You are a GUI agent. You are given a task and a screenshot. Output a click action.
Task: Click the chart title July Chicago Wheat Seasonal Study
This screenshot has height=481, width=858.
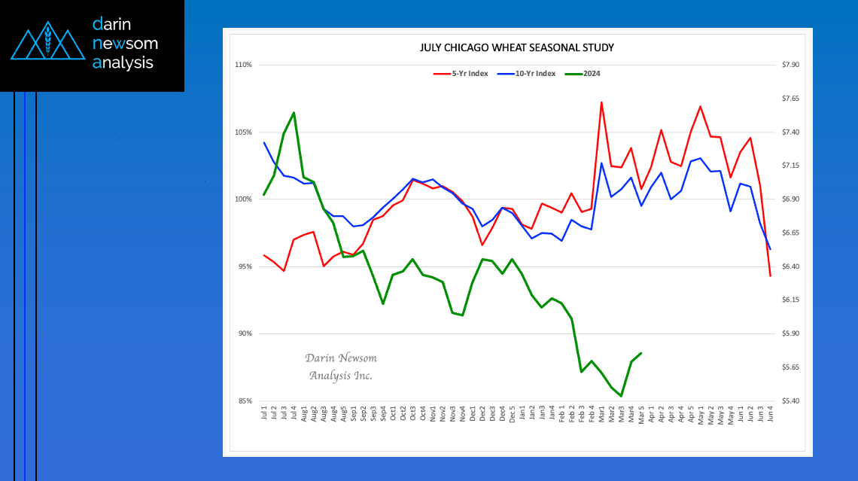click(516, 47)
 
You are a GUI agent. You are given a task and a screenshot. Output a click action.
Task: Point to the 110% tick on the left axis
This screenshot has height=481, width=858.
click(243, 65)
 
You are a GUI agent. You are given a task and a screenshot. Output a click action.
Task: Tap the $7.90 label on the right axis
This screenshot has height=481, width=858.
click(791, 65)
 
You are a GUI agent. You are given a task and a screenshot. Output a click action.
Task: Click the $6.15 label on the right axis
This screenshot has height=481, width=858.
click(791, 300)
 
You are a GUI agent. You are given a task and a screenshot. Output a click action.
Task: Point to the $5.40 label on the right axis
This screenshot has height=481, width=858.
click(791, 401)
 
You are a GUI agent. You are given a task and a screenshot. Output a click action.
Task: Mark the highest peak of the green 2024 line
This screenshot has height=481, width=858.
click(294, 113)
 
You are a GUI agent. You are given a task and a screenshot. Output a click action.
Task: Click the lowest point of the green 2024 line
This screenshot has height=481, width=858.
click(621, 396)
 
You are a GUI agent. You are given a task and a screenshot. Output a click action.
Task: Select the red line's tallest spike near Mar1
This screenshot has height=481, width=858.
click(601, 102)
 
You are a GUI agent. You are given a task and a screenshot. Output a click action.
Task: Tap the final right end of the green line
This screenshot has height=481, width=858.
click(640, 353)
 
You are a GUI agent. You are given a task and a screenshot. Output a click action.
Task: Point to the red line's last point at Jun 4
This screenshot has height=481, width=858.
click(770, 276)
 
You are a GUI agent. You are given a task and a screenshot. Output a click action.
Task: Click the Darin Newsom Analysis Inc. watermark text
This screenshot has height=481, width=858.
click(341, 367)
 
